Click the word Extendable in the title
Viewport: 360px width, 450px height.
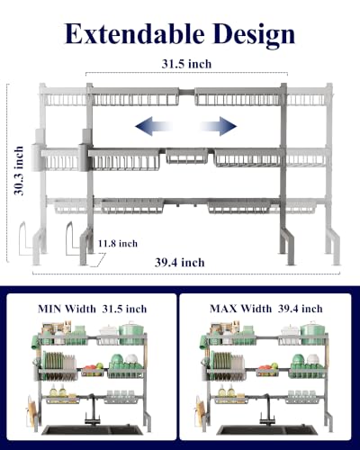point(135,33)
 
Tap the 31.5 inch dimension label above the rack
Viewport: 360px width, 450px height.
point(186,64)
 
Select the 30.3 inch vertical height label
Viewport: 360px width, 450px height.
point(19,171)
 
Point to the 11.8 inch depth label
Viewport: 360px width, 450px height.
point(118,243)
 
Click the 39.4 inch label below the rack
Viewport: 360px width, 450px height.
point(180,263)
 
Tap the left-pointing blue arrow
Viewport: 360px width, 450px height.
point(154,126)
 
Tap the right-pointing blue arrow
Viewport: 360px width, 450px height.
point(218,126)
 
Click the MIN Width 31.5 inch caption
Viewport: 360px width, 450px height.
point(92,309)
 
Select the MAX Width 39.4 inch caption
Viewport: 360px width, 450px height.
point(266,309)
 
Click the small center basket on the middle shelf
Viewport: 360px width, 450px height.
point(187,156)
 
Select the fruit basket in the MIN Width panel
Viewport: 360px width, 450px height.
point(93,369)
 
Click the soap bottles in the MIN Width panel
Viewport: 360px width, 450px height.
point(58,391)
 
